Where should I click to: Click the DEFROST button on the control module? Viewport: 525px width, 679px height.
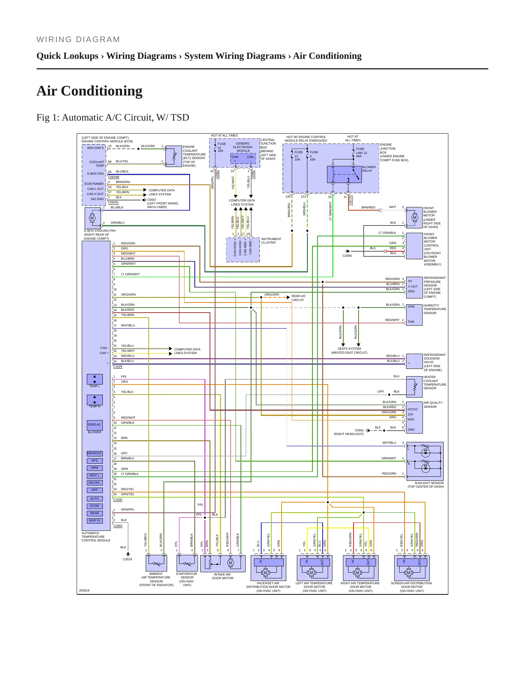pyautogui.click(x=94, y=454)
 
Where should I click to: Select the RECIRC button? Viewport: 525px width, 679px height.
pyautogui.click(x=94, y=483)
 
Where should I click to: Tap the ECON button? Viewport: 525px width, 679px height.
pyautogui.click(x=94, y=506)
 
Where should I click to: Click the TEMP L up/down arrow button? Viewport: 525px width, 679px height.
pyautogui.click(x=94, y=379)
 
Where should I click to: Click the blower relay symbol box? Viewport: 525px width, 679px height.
pyautogui.click(x=344, y=174)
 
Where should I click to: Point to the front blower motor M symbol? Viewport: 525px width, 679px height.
pyautogui.click(x=415, y=218)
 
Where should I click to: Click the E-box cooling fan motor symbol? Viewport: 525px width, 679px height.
pyautogui.click(x=92, y=218)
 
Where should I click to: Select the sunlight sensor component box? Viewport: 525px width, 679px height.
pyautogui.click(x=425, y=461)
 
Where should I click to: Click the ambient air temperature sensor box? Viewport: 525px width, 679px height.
pyautogui.click(x=156, y=563)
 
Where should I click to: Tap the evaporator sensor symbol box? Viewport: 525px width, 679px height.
pyautogui.click(x=187, y=563)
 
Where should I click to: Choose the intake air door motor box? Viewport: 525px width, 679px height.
pyautogui.click(x=223, y=563)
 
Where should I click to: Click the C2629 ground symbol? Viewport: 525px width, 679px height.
pyautogui.click(x=128, y=554)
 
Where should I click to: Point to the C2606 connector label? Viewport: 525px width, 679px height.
pyautogui.click(x=347, y=256)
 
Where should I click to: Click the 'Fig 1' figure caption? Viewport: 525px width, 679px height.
pyautogui.click(x=113, y=118)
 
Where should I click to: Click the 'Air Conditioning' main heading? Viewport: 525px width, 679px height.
pyautogui.click(x=89, y=91)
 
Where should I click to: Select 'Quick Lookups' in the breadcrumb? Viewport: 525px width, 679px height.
pyautogui.click(x=68, y=56)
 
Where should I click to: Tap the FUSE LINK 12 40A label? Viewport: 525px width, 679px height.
pyautogui.click(x=362, y=153)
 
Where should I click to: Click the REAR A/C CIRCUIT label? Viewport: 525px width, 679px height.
pyautogui.click(x=299, y=298)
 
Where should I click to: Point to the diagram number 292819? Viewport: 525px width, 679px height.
pyautogui.click(x=84, y=590)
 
